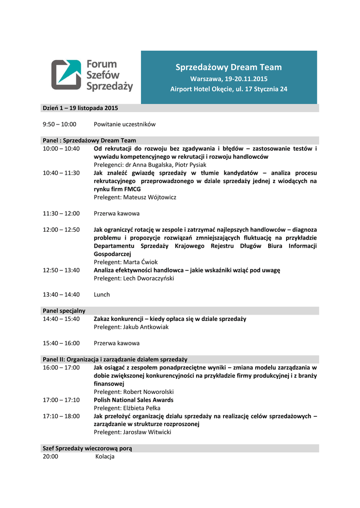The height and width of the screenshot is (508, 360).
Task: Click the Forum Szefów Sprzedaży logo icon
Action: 66,75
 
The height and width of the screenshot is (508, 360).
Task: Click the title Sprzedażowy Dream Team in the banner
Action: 228,67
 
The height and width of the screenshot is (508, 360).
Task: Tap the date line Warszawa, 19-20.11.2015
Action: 228,79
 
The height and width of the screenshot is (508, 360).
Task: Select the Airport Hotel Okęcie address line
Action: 228,89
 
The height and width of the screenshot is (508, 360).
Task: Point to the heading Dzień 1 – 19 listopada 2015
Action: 80,108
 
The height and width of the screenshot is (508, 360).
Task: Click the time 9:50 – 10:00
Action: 60,124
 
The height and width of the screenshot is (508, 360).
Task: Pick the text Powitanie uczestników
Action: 125,124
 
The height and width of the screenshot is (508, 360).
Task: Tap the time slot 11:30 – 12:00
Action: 61,213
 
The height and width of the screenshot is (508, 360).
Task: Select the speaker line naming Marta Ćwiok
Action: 126,262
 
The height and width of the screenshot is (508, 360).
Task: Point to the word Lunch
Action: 102,294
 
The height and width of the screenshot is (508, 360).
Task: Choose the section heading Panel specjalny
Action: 64,311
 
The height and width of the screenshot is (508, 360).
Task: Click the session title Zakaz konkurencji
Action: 170,319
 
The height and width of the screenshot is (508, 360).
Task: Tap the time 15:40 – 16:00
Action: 61,343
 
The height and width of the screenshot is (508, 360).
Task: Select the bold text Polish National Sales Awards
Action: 134,400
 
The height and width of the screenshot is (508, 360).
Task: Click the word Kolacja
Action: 105,456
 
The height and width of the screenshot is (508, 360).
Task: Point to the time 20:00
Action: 51,456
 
